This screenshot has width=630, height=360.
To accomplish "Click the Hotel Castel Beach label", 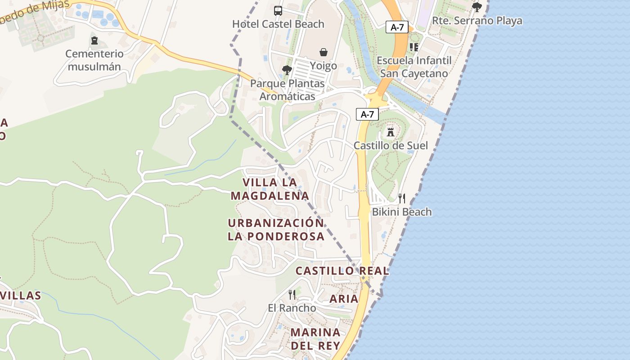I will pyautogui.click(x=278, y=24).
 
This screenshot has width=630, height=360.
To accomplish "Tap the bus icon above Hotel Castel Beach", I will pyautogui.click(x=278, y=11).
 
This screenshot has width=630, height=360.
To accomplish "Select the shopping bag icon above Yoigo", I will pyautogui.click(x=323, y=53).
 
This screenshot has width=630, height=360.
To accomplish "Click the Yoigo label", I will pyautogui.click(x=323, y=66).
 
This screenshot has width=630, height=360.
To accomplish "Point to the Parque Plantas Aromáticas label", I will pyautogui.click(x=287, y=90).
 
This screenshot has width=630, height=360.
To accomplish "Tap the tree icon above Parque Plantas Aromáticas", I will pyautogui.click(x=287, y=70).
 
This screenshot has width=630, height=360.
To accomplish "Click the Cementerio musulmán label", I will pyautogui.click(x=94, y=60).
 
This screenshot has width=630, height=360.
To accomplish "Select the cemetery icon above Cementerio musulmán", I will pyautogui.click(x=94, y=41).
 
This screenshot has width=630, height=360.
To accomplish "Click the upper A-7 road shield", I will pyautogui.click(x=397, y=27).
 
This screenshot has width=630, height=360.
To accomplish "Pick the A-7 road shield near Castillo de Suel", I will pyautogui.click(x=367, y=114).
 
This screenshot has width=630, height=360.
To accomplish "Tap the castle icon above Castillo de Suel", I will pyautogui.click(x=391, y=132).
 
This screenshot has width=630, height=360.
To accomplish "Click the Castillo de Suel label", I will pyautogui.click(x=391, y=145).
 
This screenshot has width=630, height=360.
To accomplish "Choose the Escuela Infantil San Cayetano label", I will pyautogui.click(x=414, y=67).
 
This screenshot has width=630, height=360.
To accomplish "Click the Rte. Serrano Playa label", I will pyautogui.click(x=477, y=21).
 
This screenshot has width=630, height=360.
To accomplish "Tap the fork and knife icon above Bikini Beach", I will pyautogui.click(x=402, y=198).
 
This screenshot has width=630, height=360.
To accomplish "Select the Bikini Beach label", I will pyautogui.click(x=402, y=211).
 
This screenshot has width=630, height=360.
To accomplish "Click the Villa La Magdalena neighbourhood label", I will pyautogui.click(x=270, y=189).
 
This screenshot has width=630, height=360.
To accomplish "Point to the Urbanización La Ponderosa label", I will pyautogui.click(x=276, y=229).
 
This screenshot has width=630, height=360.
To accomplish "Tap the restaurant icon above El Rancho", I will pyautogui.click(x=292, y=295).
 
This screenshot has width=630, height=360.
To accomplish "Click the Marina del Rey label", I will pyautogui.click(x=315, y=339).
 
